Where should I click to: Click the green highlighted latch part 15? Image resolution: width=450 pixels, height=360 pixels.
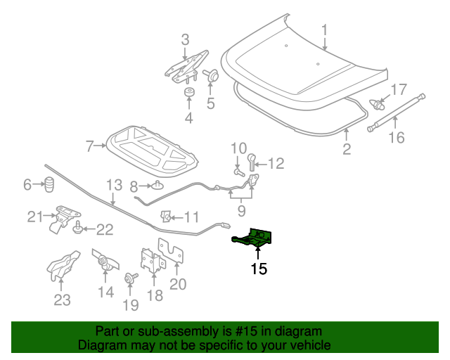pos(255,238)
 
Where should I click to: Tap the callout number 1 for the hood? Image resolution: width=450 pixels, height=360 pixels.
pos(325,31)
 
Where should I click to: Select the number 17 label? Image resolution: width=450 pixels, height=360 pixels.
pos(398,90)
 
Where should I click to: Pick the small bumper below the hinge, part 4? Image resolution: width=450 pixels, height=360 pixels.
pos(188,94)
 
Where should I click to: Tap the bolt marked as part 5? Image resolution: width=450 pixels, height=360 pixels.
pos(210,75)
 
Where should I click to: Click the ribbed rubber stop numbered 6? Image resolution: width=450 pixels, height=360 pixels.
pos(50,187)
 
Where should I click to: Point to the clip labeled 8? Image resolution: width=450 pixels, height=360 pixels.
pos(158,186)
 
